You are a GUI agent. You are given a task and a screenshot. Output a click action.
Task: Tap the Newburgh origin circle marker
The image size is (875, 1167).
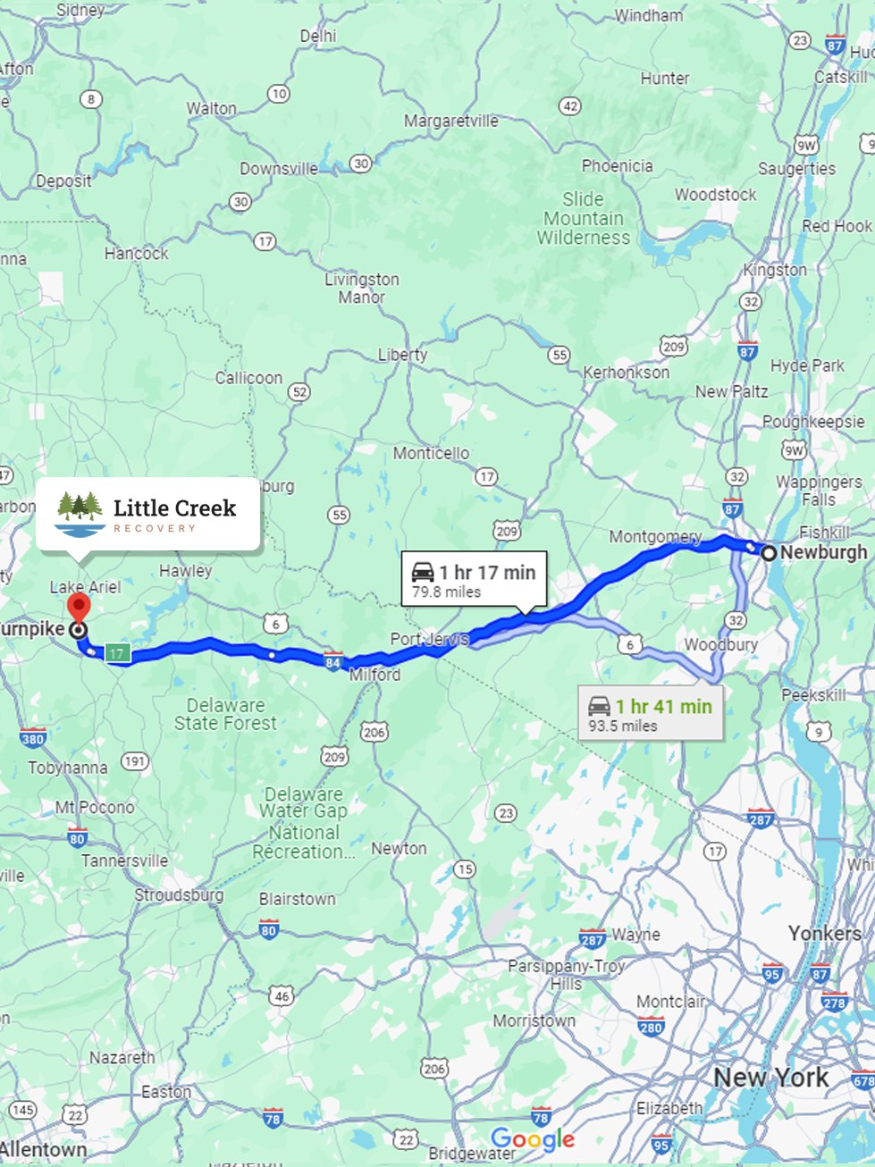pyautogui.click(x=769, y=553)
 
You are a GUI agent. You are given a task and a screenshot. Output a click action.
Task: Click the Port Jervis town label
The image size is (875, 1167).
pyautogui.click(x=429, y=639)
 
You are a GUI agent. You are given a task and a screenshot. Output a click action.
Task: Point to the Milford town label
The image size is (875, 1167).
pyautogui.click(x=375, y=675)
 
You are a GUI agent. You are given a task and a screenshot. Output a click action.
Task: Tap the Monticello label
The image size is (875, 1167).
pyautogui.click(x=431, y=453)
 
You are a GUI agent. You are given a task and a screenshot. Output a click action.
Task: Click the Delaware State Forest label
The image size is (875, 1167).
pyautogui.click(x=225, y=714)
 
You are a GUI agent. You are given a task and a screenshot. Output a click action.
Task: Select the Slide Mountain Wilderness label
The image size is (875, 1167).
pyautogui.click(x=584, y=218)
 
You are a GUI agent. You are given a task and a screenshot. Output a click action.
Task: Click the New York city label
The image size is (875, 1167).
pyautogui.click(x=771, y=1078)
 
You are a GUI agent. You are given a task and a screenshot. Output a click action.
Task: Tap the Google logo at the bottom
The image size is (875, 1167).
pyautogui.click(x=533, y=1139)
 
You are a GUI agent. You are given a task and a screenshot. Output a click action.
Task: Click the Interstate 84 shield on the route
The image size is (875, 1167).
pyautogui.click(x=333, y=662)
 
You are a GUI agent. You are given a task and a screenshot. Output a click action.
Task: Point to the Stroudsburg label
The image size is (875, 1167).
pyautogui.click(x=179, y=894)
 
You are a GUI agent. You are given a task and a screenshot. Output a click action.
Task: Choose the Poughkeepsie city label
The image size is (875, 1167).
pyautogui.click(x=813, y=421)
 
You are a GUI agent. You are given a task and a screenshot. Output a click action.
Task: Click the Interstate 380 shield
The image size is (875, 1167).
pyautogui.click(x=32, y=738)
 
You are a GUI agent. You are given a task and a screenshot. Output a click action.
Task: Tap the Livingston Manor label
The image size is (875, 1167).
pyautogui.click(x=362, y=288)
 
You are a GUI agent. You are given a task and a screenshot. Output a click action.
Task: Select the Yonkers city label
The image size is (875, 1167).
pyautogui.click(x=824, y=934)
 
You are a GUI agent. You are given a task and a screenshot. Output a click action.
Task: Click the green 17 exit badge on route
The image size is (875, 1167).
pyautogui.click(x=117, y=654)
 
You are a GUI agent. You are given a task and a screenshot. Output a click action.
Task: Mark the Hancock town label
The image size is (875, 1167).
pyautogui.click(x=136, y=254)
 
